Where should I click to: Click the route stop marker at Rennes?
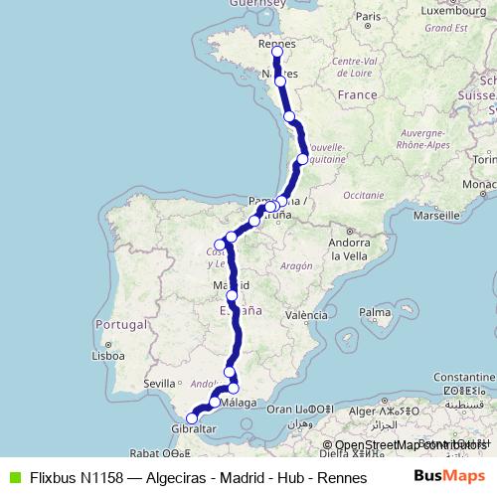pos(277,53)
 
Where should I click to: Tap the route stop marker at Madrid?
pos(232,295)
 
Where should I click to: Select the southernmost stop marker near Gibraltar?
pos(192,418)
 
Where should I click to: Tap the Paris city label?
pos(369,17)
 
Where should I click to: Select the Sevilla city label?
pos(159,383)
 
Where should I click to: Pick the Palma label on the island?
pos(375,313)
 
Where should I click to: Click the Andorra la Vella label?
pos(349,248)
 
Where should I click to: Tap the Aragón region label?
pos(295,266)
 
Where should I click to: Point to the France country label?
pos(358,94)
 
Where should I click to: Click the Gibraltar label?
pos(195,428)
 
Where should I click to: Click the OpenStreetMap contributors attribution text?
pos(410,444)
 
